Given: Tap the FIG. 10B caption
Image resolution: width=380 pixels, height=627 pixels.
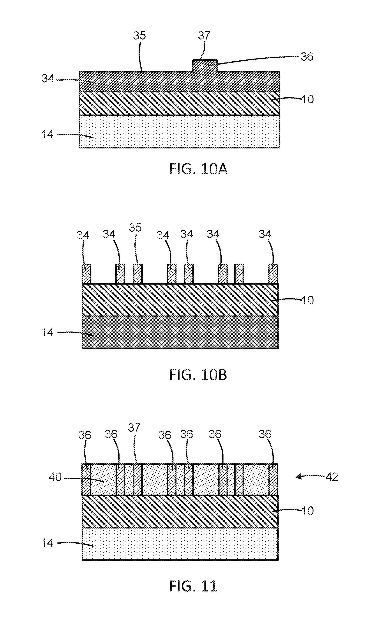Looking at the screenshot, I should pos(198,375).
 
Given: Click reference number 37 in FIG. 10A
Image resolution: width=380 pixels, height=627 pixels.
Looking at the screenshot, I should pos(204,36).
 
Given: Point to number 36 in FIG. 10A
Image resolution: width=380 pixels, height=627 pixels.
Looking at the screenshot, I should pos(307,56).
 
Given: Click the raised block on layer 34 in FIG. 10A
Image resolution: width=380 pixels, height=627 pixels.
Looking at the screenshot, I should pos(204,66).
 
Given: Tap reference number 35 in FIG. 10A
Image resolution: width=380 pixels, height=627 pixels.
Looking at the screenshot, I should pos(140,36).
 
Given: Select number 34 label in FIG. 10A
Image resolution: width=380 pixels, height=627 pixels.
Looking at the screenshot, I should pos(48,79).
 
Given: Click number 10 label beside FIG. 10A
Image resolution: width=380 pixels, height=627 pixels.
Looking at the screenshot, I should pos(307,99).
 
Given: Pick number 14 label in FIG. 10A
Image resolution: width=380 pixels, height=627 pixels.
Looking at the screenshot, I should pos(48,134).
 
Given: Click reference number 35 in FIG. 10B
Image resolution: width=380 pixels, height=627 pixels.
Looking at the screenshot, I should pos(135,227).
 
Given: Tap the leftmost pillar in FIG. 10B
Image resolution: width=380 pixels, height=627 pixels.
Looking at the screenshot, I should pos(87,274).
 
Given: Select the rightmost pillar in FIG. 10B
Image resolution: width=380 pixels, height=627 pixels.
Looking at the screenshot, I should pos(273,274).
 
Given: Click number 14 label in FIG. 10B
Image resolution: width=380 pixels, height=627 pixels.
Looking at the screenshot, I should pos(48,332).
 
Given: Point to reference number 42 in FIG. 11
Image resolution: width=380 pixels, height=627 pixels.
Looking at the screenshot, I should pos(332,477).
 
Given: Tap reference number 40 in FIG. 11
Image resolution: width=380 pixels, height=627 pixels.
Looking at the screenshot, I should pos(56,477).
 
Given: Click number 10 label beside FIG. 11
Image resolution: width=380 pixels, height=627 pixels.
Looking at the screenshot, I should pos(307,510).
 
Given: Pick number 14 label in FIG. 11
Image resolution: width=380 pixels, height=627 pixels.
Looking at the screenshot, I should pos(48,543).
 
